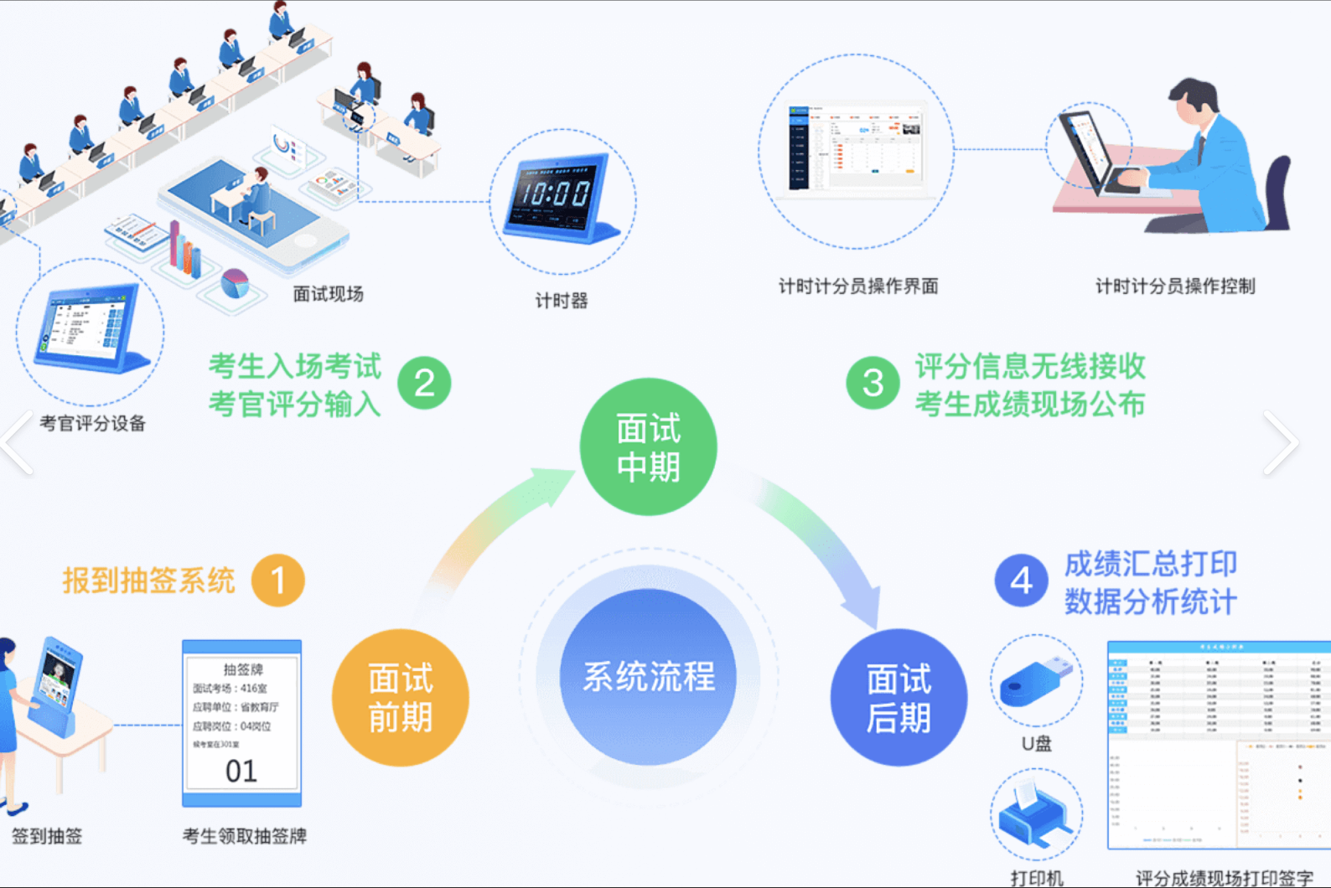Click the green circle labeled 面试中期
(x=648, y=447)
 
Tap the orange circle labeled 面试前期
(x=401, y=697)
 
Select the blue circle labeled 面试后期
(x=898, y=697)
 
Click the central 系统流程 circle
(x=648, y=677)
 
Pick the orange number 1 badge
(x=278, y=580)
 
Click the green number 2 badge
(x=424, y=383)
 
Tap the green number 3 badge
(x=873, y=383)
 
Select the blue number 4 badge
(x=1021, y=580)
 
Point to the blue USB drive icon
(x=1036, y=680)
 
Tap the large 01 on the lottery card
(x=241, y=771)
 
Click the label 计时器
(x=562, y=301)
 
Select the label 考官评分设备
(x=93, y=423)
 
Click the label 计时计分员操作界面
(x=858, y=287)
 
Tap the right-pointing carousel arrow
(x=1281, y=442)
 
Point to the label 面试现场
(x=328, y=294)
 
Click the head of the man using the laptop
(x=1195, y=101)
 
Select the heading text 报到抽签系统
(x=148, y=580)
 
